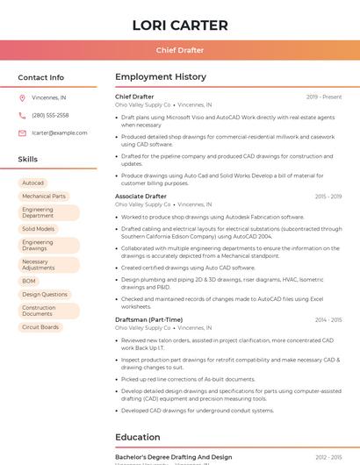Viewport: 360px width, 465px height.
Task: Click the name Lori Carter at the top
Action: pyautogui.click(x=179, y=25)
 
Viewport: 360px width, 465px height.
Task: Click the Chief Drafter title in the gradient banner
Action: pyautogui.click(x=179, y=50)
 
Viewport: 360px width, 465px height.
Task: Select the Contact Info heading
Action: pyautogui.click(x=41, y=77)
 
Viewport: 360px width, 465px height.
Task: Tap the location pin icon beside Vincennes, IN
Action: pyautogui.click(x=23, y=97)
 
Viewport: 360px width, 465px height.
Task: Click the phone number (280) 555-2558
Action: pyautogui.click(x=50, y=115)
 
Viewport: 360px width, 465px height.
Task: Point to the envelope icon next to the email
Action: pyautogui.click(x=23, y=132)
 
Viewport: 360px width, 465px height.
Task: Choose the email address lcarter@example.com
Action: pyautogui.click(x=60, y=132)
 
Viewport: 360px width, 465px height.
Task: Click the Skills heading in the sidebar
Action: pyautogui.click(x=28, y=159)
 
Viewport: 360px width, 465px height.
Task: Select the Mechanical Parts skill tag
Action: pyautogui.click(x=44, y=197)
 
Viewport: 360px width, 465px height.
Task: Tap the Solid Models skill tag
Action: pyautogui.click(x=39, y=229)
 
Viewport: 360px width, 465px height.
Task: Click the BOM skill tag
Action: pyautogui.click(x=29, y=281)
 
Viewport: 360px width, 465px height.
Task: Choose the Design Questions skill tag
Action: pyautogui.click(x=45, y=295)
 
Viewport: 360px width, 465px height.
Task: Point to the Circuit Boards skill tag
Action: pyautogui.click(x=40, y=327)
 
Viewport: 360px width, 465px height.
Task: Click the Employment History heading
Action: pyautogui.click(x=161, y=77)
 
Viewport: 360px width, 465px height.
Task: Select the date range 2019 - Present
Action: pyautogui.click(x=324, y=97)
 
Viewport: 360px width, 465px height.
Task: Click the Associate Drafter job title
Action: pyautogui.click(x=140, y=197)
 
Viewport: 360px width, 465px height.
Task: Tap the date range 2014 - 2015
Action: pyautogui.click(x=328, y=320)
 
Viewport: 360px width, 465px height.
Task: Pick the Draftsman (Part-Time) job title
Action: pyautogui.click(x=148, y=319)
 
